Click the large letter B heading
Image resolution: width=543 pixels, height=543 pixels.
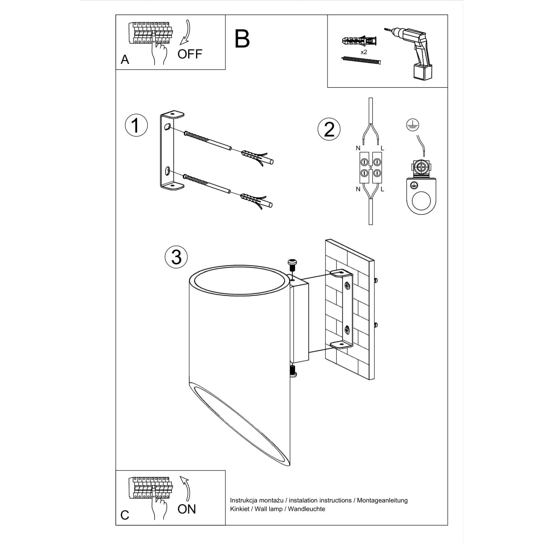(x=242, y=39)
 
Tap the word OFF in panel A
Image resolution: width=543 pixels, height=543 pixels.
(x=190, y=54)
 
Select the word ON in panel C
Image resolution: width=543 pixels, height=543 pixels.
(x=186, y=509)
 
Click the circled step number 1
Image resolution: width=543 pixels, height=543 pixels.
(x=136, y=125)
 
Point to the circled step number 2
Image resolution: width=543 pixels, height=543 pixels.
(x=329, y=129)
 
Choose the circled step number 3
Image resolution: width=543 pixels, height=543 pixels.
(x=176, y=257)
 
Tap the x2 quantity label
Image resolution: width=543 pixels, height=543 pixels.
(x=363, y=52)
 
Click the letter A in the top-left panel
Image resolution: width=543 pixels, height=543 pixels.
(x=125, y=60)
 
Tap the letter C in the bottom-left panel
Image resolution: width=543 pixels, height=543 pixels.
(x=125, y=515)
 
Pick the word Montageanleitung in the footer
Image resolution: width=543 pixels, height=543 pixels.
(x=382, y=500)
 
